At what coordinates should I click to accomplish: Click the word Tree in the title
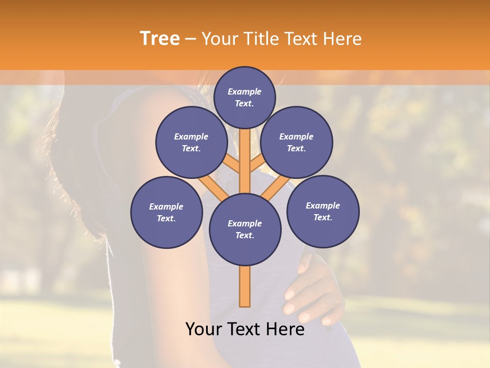click(160, 38)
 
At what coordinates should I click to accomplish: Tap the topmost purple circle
click(244, 97)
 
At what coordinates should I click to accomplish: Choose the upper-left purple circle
click(191, 142)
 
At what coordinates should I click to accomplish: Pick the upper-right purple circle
click(297, 142)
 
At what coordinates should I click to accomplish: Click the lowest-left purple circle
click(166, 212)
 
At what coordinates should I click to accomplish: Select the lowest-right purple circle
click(323, 211)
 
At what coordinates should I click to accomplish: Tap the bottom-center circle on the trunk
click(245, 229)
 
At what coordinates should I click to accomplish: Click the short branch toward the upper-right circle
click(258, 164)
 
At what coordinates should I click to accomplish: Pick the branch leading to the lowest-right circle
click(276, 187)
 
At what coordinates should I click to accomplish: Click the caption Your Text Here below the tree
click(245, 329)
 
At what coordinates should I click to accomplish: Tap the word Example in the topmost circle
click(244, 91)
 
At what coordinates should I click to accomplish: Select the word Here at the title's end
click(344, 39)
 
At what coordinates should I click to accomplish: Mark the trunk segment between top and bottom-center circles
click(245, 158)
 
